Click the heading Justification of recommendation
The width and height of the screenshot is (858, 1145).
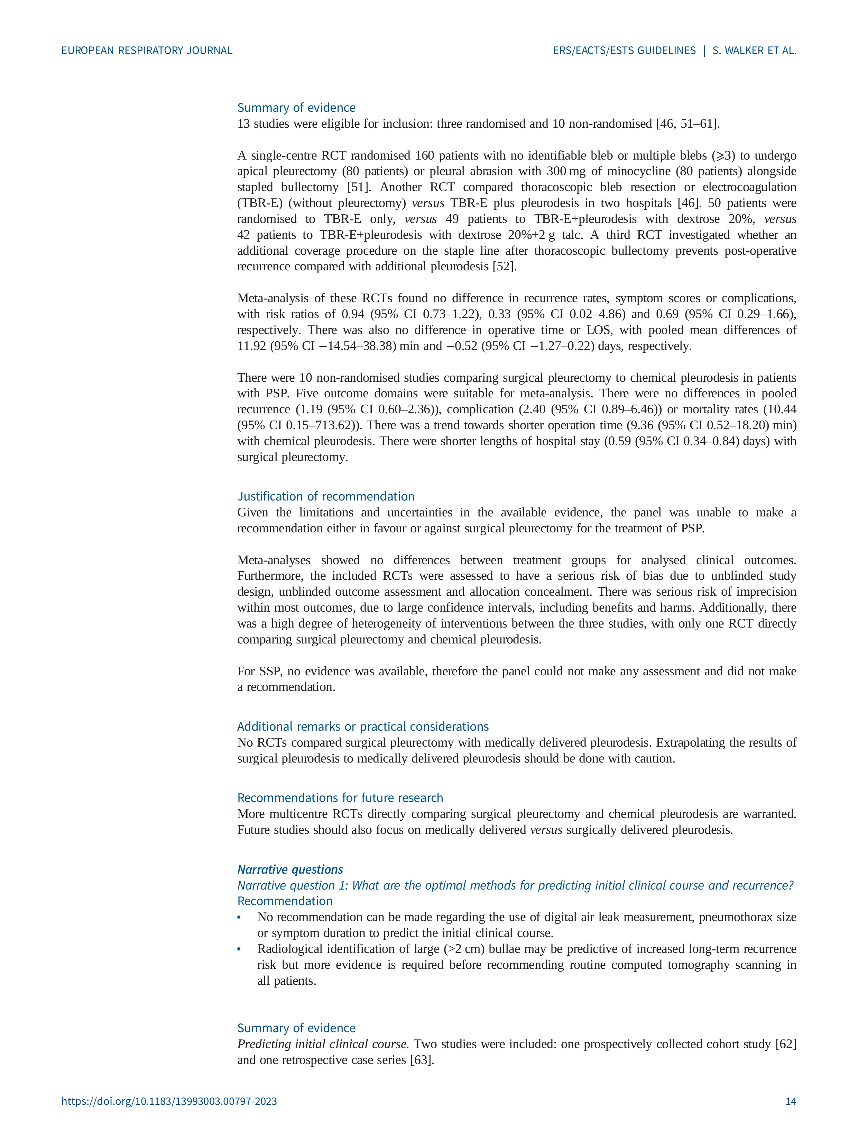click(326, 496)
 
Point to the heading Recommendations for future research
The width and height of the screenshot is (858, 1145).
click(340, 798)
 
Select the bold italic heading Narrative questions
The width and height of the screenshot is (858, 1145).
click(290, 869)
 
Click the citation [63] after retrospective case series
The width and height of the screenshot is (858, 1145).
click(422, 1060)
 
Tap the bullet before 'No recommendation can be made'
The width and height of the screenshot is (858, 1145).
click(239, 918)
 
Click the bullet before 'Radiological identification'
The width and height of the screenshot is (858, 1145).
click(239, 949)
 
